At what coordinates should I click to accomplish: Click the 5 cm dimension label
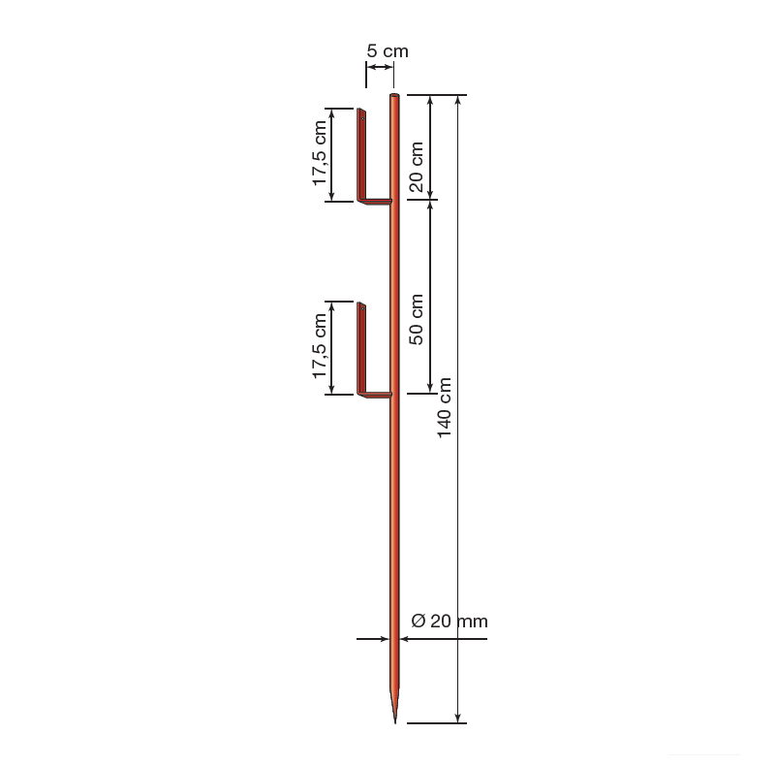point(388,51)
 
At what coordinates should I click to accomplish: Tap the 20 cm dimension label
point(417,167)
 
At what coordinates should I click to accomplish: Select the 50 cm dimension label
point(417,320)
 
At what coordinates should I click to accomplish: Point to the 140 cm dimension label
point(445,408)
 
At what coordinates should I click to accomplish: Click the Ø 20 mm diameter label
point(450,621)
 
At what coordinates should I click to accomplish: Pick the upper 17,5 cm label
point(320,153)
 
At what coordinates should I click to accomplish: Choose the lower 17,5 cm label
point(320,346)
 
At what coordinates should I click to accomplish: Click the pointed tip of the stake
point(395,722)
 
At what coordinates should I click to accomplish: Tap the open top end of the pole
point(394,95)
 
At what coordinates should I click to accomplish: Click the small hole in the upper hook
point(362,119)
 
